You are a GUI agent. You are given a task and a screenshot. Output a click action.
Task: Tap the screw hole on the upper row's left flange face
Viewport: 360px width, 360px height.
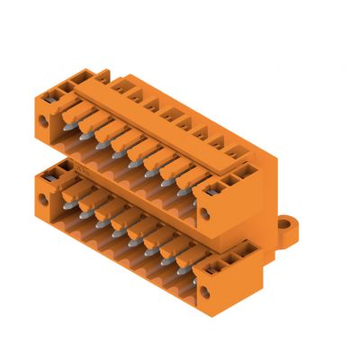tap(48, 114)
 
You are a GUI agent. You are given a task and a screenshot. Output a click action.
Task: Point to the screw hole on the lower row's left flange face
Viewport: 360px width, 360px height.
tap(48, 192)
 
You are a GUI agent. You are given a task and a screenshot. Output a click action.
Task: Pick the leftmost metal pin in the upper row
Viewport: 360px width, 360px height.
tap(70, 131)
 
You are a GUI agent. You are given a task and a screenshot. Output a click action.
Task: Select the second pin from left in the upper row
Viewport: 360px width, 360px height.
tap(87, 140)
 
